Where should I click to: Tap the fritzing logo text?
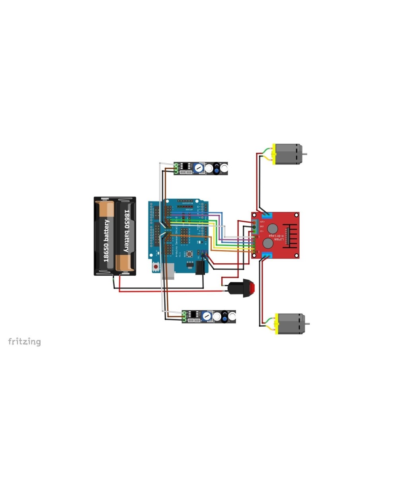(x=24, y=341)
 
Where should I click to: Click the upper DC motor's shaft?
(x=304, y=153)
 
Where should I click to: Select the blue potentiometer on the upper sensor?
(x=199, y=168)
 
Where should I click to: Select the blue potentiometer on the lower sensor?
(x=207, y=317)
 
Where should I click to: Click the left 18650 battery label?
(x=106, y=240)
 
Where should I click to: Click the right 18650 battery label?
(x=127, y=231)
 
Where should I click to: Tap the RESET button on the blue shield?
(x=190, y=254)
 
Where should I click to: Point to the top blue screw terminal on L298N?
(x=266, y=215)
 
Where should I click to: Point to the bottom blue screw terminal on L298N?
(x=266, y=255)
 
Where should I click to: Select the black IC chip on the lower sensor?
(x=193, y=314)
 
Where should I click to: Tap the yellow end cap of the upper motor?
(x=273, y=155)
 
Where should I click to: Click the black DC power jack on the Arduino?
(x=200, y=267)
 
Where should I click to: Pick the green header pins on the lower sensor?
(x=184, y=317)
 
